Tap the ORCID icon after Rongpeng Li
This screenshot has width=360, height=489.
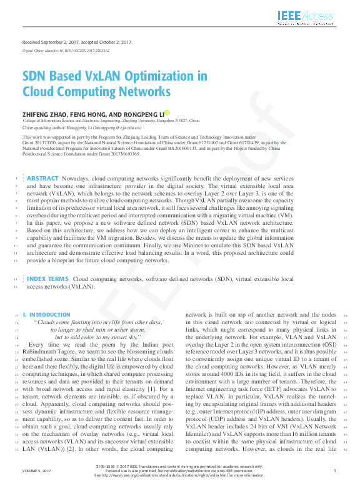pos(167,112)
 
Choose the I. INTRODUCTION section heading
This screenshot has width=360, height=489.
pos(46,315)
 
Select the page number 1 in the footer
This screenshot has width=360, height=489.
pos(336,470)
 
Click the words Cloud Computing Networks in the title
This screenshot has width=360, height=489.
pos(97,92)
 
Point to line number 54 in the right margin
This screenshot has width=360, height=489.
pos(345,315)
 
